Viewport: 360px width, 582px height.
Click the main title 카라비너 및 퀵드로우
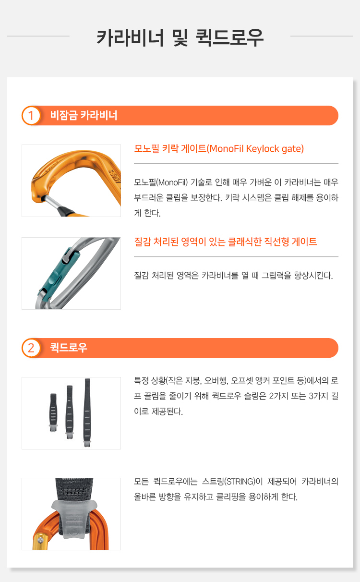[x=180, y=38]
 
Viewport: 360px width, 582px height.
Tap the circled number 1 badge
[x=31, y=116]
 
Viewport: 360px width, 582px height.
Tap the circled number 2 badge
[x=31, y=348]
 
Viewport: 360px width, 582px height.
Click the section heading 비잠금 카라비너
[x=84, y=115]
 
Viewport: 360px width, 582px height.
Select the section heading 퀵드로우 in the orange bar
[x=69, y=348]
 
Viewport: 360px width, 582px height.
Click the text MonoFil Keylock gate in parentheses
[x=256, y=149]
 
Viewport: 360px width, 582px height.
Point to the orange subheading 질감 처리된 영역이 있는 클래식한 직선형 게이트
[x=226, y=242]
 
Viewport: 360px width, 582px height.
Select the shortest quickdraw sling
[x=53, y=412]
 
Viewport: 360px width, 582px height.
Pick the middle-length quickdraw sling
[x=69, y=412]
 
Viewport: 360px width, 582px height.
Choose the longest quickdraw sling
[x=87, y=412]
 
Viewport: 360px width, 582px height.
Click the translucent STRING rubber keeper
[x=74, y=519]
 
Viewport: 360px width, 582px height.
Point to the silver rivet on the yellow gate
[x=40, y=540]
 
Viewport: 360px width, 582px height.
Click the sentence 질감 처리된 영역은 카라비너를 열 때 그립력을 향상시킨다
[x=233, y=276]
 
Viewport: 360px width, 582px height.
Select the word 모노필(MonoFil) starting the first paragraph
[x=161, y=182]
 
